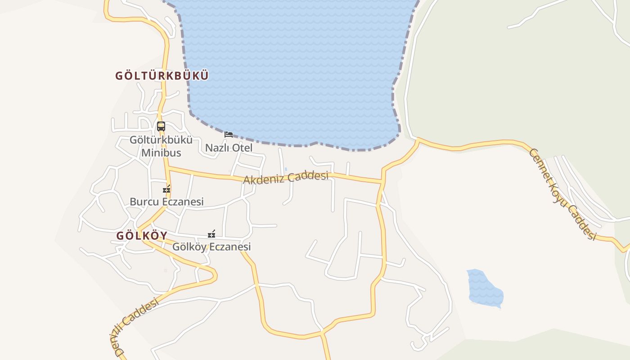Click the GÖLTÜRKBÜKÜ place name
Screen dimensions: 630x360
click(162, 76)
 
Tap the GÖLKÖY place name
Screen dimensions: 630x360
click(142, 235)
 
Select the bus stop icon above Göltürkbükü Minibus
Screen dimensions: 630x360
click(161, 126)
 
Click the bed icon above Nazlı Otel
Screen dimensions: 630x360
click(229, 134)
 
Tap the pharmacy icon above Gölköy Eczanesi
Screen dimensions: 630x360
click(211, 234)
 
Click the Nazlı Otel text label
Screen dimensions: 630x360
click(229, 148)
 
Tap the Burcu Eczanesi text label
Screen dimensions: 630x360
click(166, 202)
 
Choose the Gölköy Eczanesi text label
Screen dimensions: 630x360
click(211, 247)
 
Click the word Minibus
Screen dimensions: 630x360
click(161, 153)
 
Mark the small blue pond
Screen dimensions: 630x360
click(485, 288)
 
